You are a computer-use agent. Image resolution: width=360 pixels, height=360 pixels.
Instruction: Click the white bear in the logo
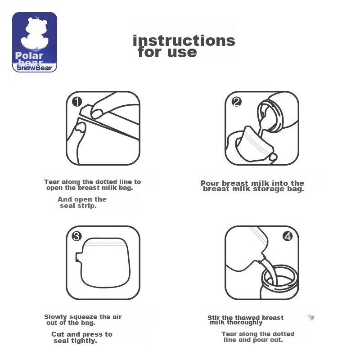pyautogui.click(x=35, y=33)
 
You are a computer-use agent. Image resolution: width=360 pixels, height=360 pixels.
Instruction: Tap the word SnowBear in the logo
pyautogui.click(x=35, y=68)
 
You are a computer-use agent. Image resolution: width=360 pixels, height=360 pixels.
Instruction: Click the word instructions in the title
pyautogui.click(x=184, y=40)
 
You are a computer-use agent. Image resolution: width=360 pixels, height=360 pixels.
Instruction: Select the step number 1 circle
pyautogui.click(x=77, y=102)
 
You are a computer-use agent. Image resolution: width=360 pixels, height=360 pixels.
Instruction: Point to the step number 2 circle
pyautogui.click(x=237, y=102)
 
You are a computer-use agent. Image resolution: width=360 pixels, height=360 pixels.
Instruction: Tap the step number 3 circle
pyautogui.click(x=76, y=236)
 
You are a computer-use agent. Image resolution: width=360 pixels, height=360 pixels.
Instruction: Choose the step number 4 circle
pyautogui.click(x=288, y=236)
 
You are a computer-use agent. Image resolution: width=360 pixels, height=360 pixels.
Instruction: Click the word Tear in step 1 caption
pyautogui.click(x=52, y=182)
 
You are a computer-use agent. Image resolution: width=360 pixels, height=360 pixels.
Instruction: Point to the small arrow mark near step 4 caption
pyautogui.click(x=311, y=318)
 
